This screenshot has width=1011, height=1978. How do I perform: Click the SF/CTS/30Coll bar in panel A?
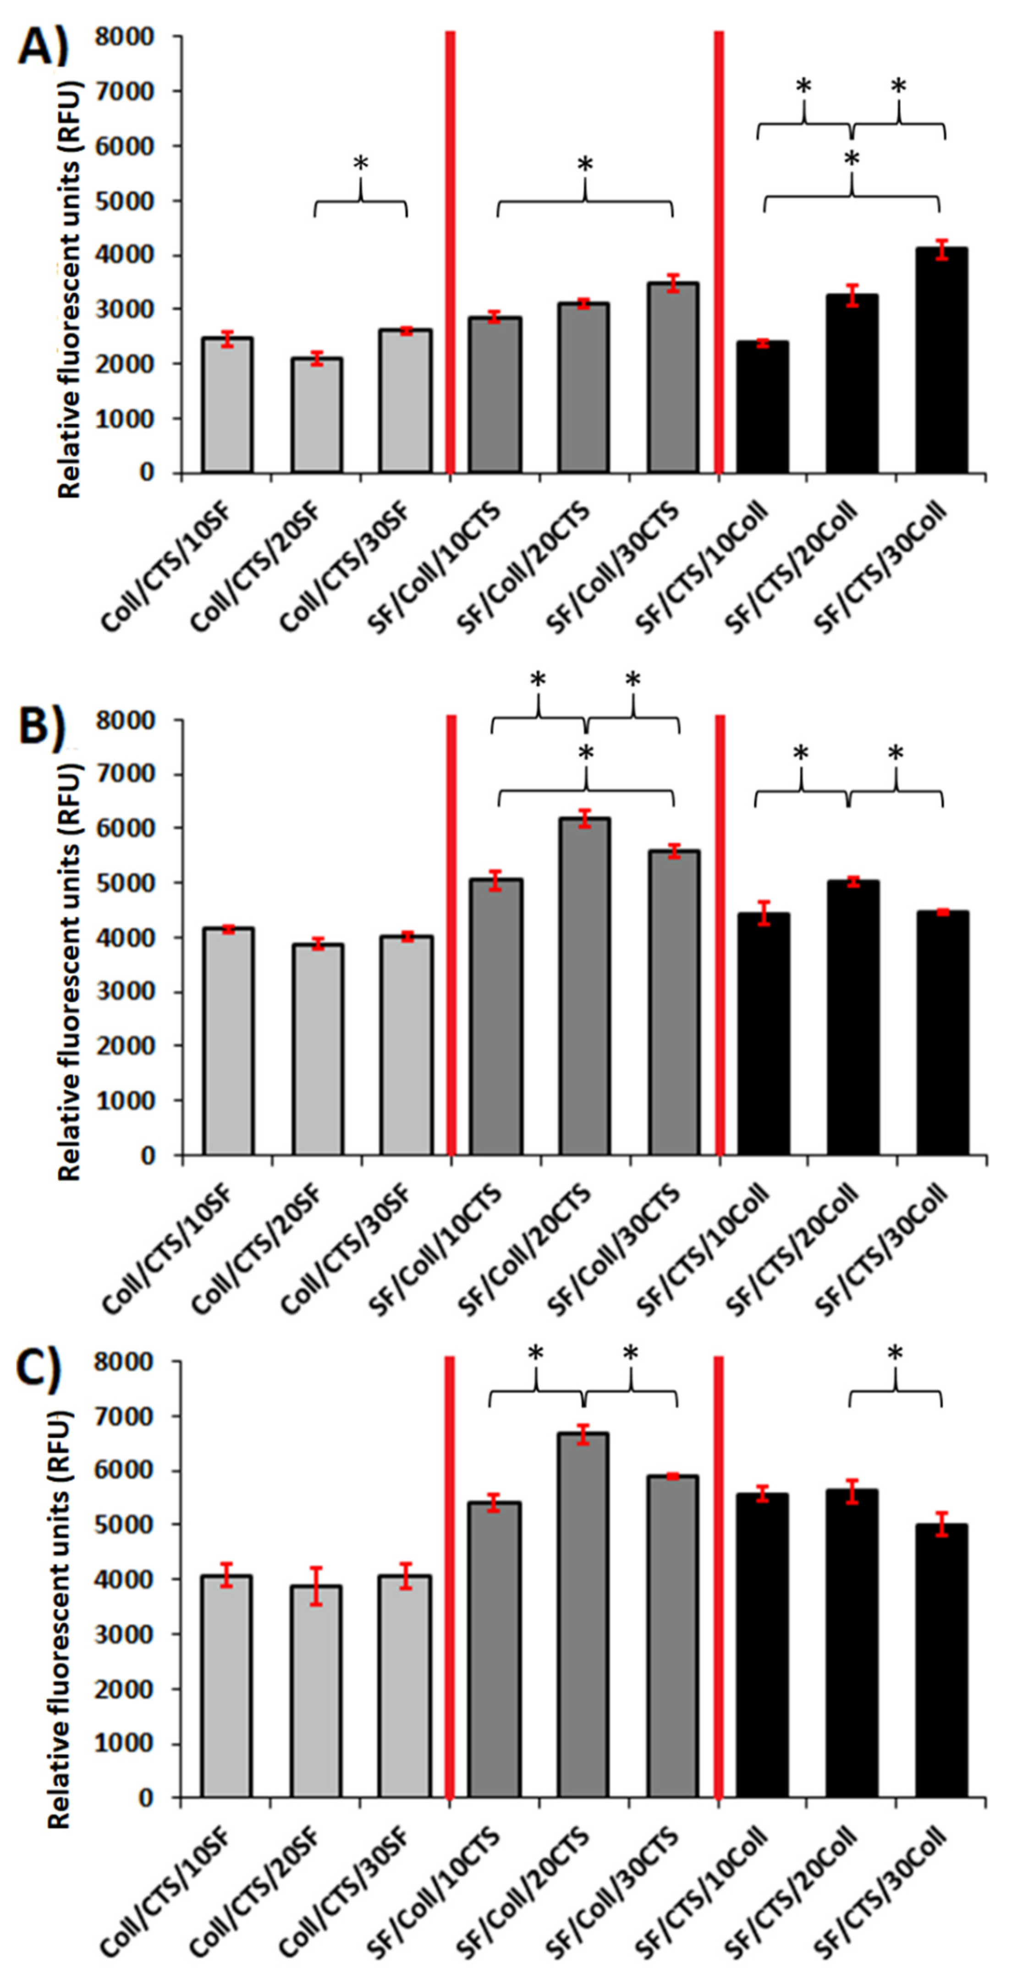[941, 361]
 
